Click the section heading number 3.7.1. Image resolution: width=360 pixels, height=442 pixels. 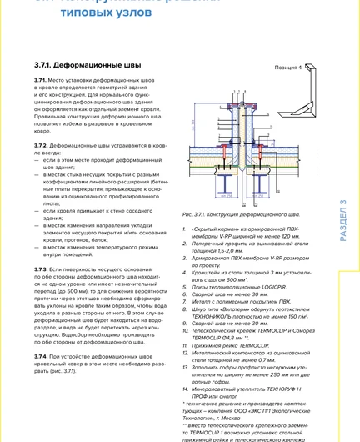coord(44,64)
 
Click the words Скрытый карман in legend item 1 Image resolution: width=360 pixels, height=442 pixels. coord(213,229)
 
